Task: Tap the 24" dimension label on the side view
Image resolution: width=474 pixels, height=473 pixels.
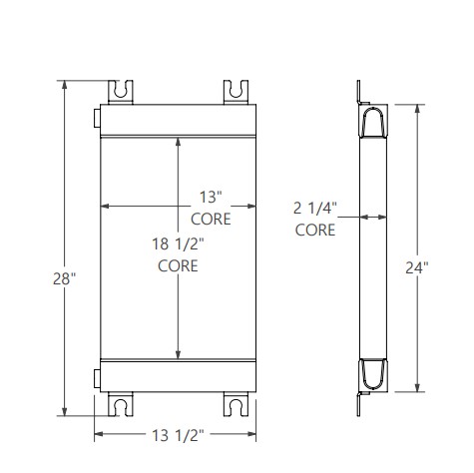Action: coord(418,267)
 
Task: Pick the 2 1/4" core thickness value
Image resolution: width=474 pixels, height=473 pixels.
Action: coord(316,209)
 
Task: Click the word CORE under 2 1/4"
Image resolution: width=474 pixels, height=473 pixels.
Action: coord(316,230)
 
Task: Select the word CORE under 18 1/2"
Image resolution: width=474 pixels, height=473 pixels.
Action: coord(178,265)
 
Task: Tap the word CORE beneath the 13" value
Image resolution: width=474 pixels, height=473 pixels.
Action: coord(211,218)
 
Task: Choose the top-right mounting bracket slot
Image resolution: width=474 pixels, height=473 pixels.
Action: coord(237,90)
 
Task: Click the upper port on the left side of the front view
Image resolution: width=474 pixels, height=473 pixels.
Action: coord(97,119)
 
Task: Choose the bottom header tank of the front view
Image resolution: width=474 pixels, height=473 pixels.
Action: coord(178,376)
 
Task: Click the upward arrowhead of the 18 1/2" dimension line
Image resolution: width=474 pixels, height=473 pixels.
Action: coord(178,142)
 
